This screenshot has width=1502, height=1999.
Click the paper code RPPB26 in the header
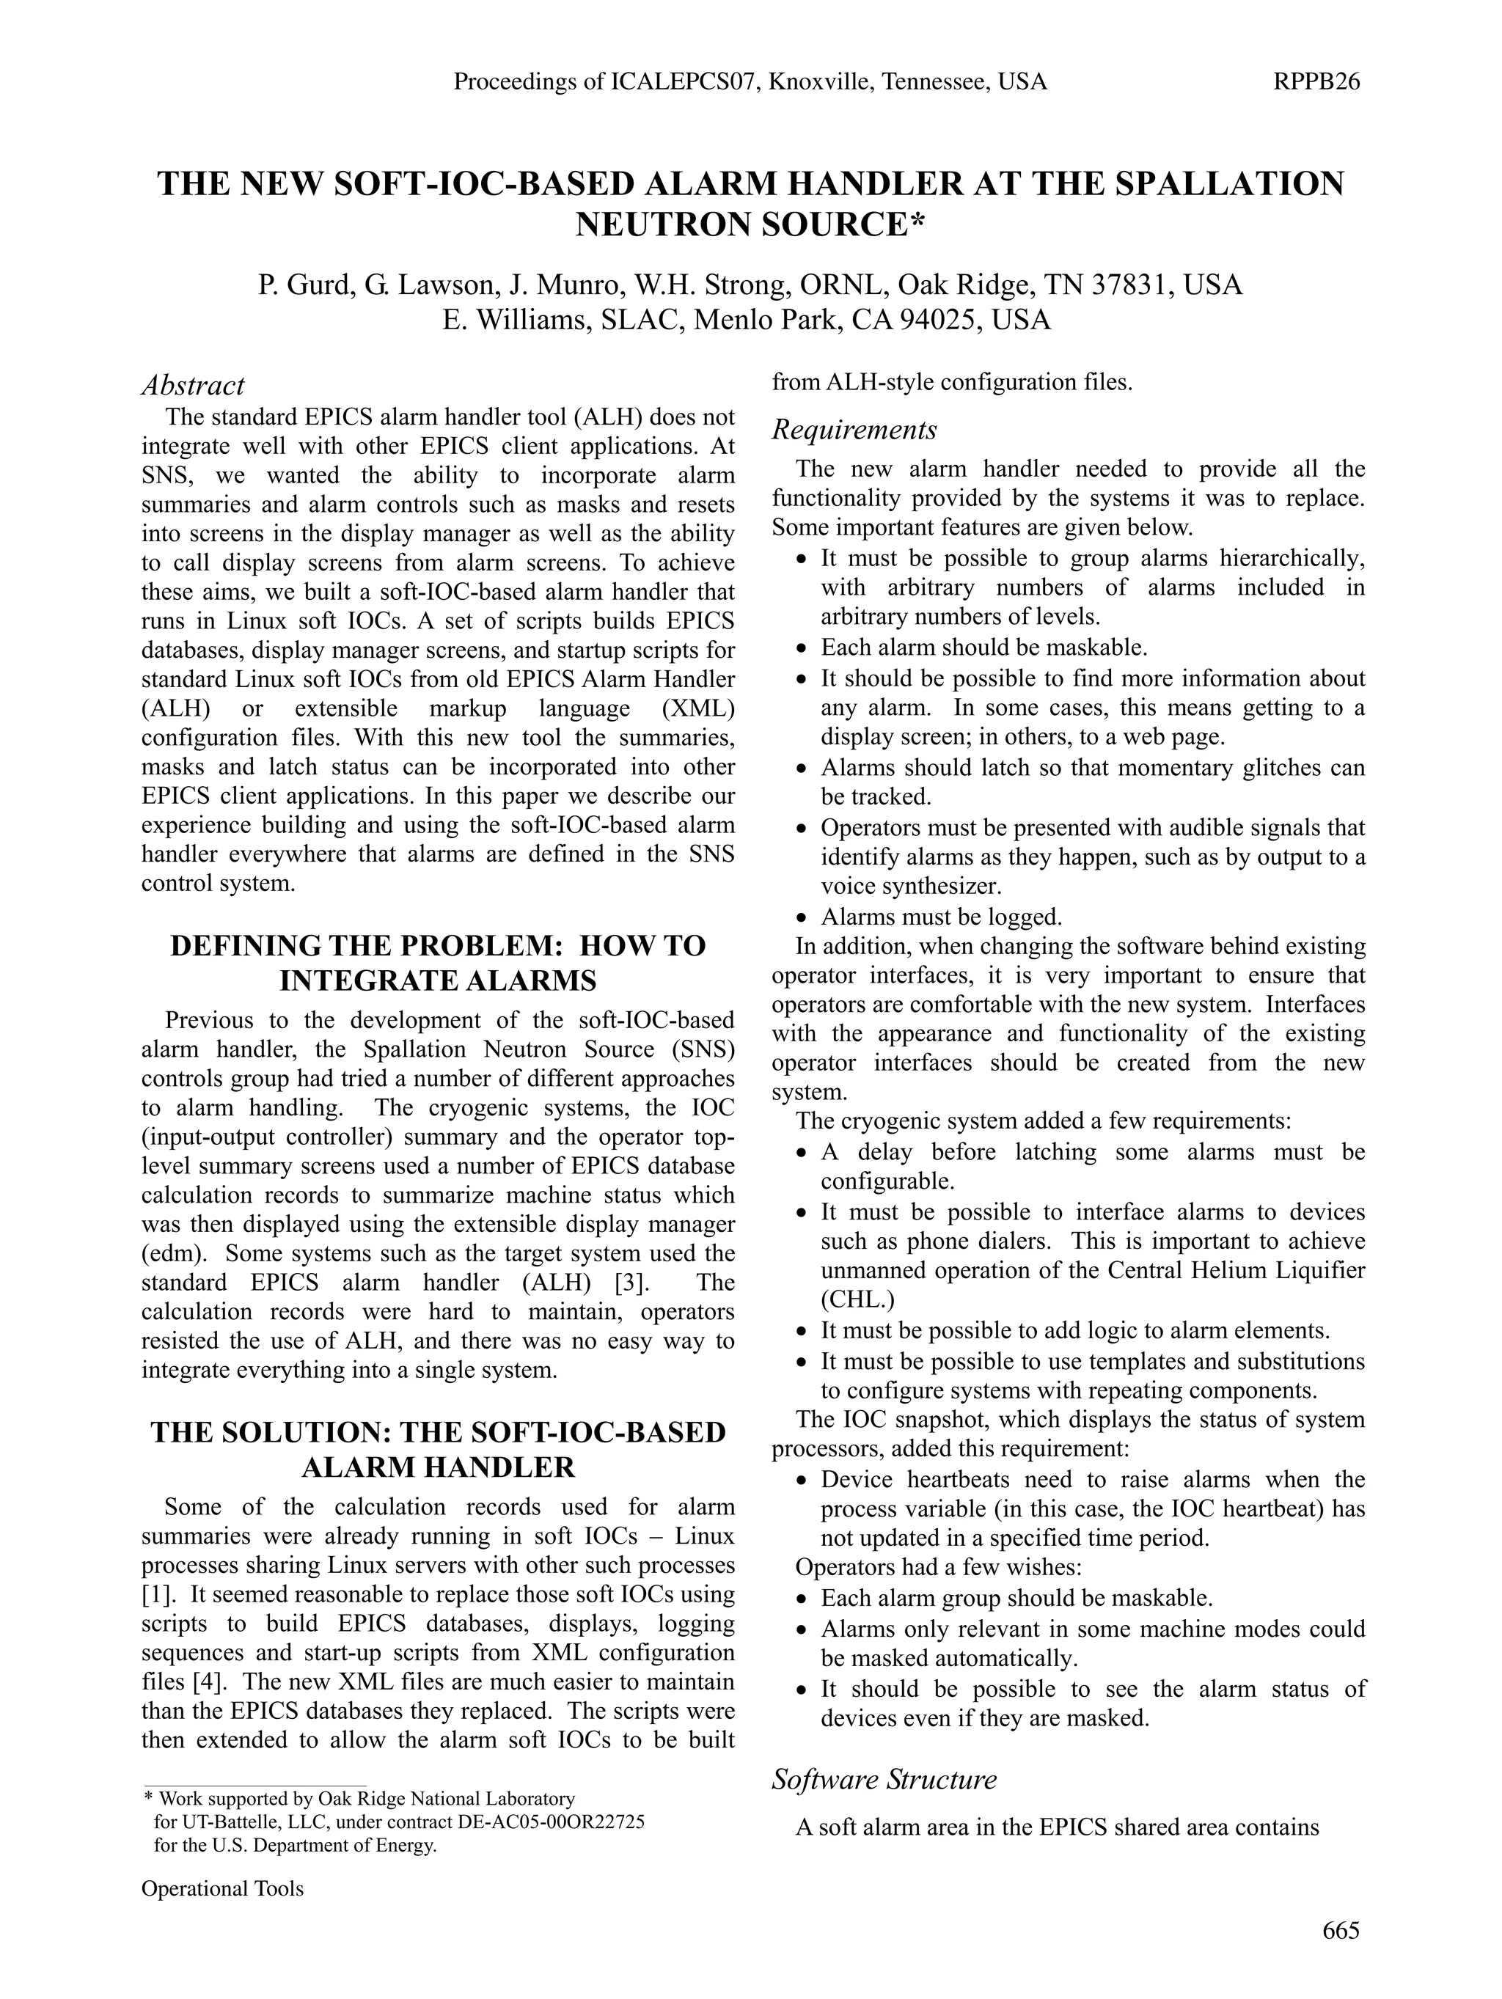tap(1316, 82)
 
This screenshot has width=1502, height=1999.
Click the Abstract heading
tap(192, 386)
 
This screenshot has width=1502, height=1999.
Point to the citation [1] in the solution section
tap(156, 1594)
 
